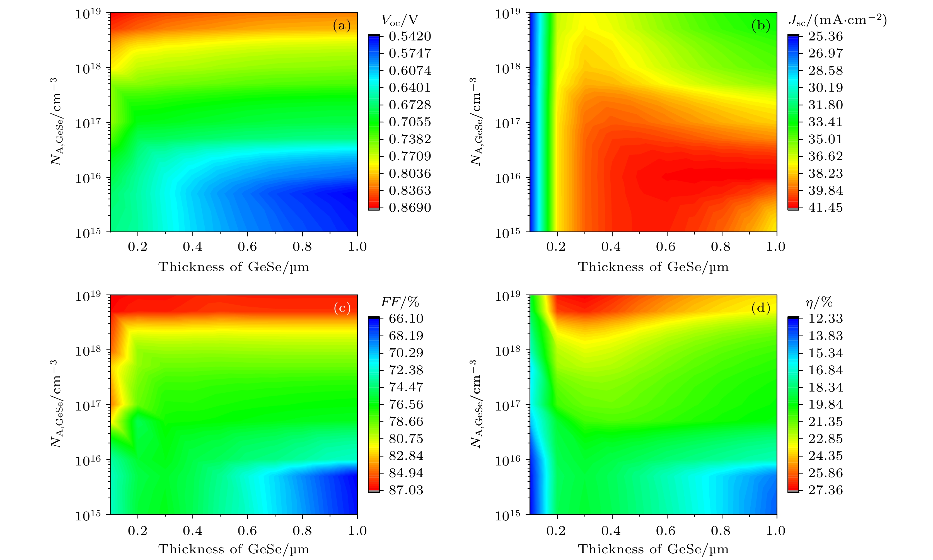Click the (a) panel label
[341, 26]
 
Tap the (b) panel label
[761, 26]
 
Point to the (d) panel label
[761, 308]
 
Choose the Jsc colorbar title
[837, 20]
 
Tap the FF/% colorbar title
[400, 302]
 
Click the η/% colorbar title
[819, 302]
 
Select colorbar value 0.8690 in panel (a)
[410, 207]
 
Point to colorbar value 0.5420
[410, 36]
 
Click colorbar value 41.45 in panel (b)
[825, 207]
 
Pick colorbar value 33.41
[825, 122]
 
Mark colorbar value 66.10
[406, 318]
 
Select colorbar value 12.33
[825, 318]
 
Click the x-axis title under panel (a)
[234, 267]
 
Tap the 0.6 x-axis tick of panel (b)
[666, 247]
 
